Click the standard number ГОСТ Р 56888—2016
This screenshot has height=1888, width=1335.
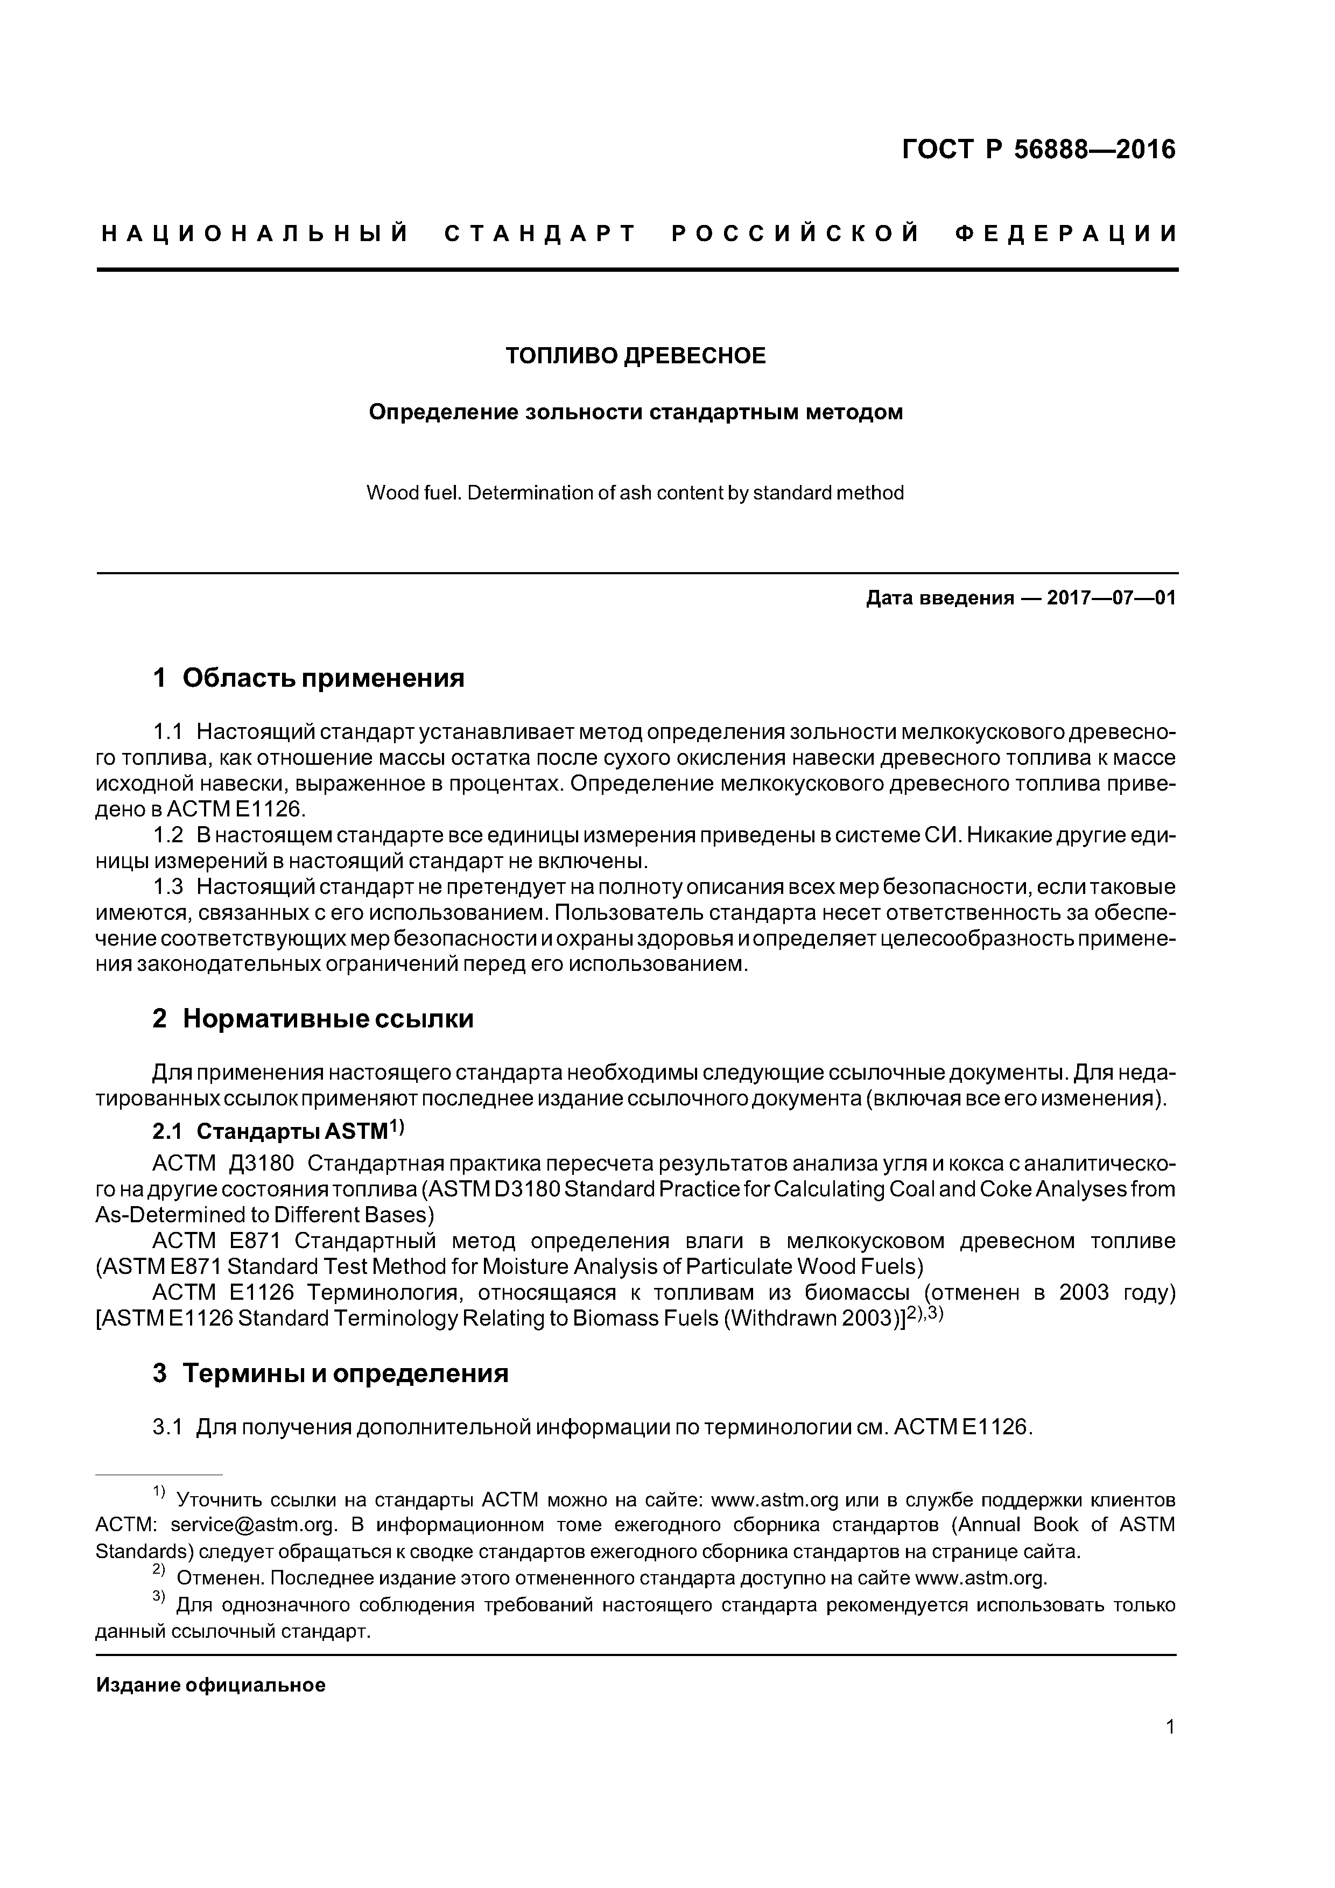(x=1038, y=150)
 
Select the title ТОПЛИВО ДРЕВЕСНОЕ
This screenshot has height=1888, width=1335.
(x=635, y=356)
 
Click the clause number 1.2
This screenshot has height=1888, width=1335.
(x=168, y=835)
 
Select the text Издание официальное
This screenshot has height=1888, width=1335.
(x=210, y=1686)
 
